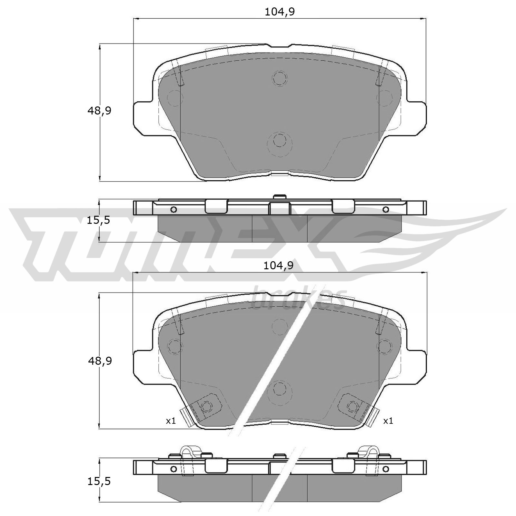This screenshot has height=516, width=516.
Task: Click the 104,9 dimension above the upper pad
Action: point(280,12)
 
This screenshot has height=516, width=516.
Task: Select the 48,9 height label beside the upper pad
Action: point(99,111)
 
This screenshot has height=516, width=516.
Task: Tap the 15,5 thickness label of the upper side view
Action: point(98,221)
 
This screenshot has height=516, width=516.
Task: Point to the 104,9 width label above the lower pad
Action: point(278,266)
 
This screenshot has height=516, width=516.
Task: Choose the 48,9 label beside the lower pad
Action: point(100,361)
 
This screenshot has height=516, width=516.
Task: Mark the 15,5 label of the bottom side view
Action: point(99,481)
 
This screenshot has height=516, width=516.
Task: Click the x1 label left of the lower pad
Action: point(171,421)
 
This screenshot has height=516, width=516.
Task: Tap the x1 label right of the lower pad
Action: point(388,421)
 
